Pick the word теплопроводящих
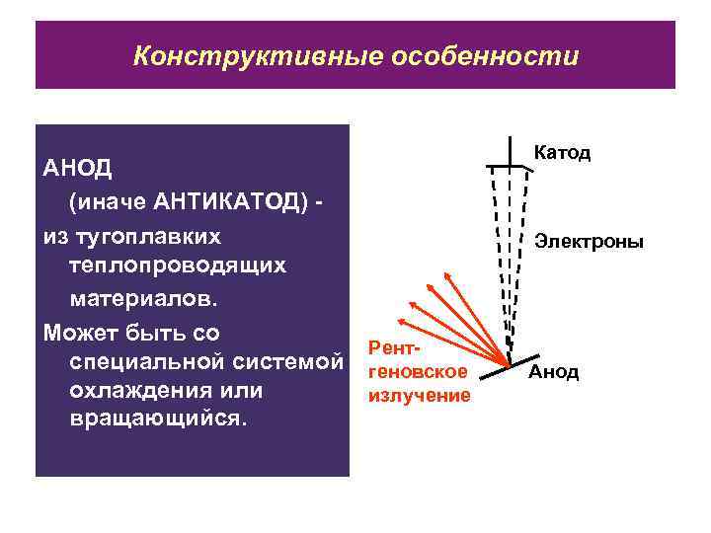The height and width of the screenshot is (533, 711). click(178, 266)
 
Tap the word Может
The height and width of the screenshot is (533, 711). click(79, 331)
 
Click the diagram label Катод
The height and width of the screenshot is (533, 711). click(562, 153)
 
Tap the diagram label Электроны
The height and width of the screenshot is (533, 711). click(589, 241)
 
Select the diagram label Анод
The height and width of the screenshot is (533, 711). click(554, 372)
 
